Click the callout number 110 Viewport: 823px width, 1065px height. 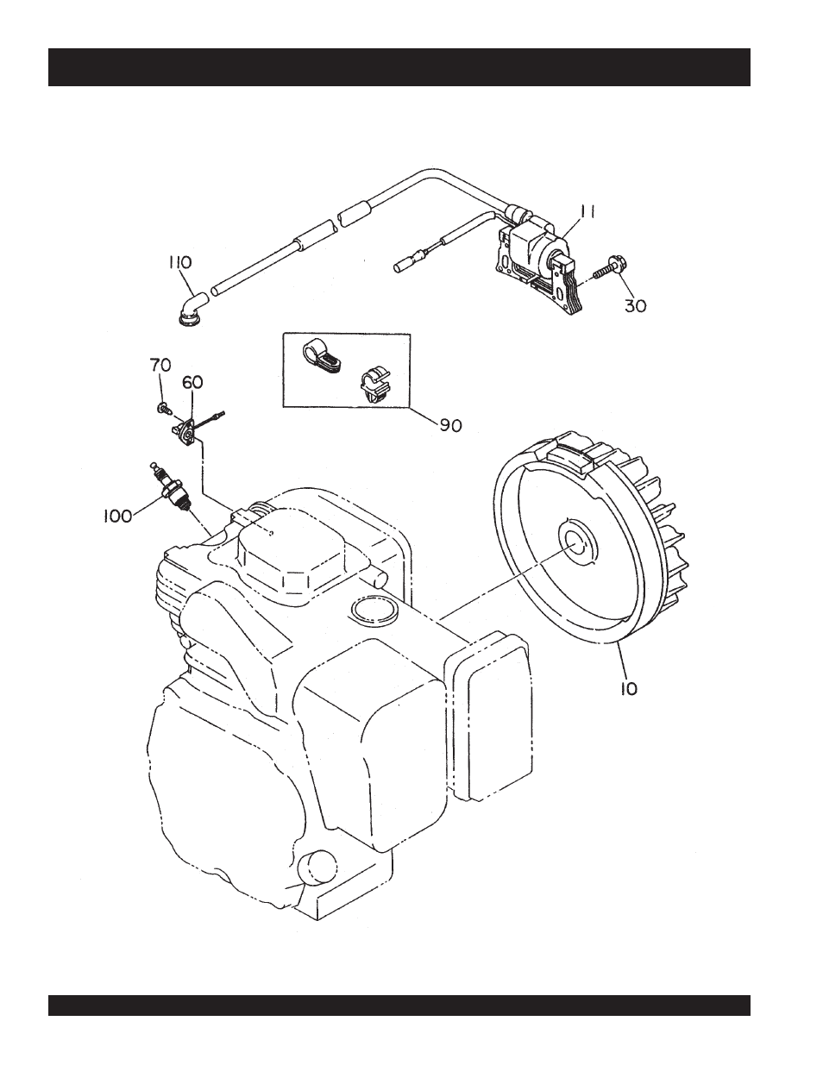[x=179, y=262]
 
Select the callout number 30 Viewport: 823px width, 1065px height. [x=635, y=305]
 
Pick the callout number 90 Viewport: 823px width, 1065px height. [x=450, y=425]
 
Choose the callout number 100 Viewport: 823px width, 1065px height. [x=114, y=516]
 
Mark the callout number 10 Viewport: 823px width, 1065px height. [x=629, y=690]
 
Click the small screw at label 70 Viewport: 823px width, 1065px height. [x=162, y=406]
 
